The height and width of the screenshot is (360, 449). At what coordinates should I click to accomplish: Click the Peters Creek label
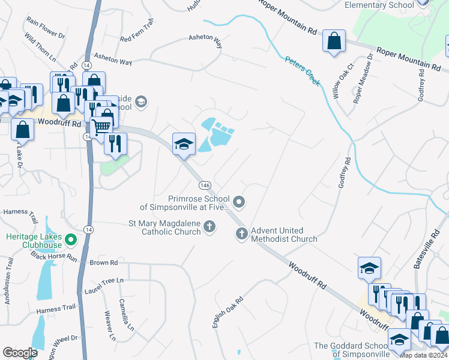pyautogui.click(x=303, y=71)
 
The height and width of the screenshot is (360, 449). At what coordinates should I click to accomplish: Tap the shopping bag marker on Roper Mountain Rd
pyautogui.click(x=334, y=42)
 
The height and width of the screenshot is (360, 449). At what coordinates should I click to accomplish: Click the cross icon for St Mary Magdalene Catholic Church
pyautogui.click(x=209, y=226)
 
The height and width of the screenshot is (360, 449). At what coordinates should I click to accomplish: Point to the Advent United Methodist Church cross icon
pyautogui.click(x=242, y=235)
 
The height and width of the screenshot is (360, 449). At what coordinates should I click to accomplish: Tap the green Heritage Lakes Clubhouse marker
pyautogui.click(x=71, y=241)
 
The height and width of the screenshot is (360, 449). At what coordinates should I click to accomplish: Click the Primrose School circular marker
pyautogui.click(x=239, y=202)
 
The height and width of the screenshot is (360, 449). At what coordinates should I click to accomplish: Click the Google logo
pyautogui.click(x=20, y=352)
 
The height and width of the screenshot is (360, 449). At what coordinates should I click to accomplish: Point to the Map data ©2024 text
pyautogui.click(x=424, y=356)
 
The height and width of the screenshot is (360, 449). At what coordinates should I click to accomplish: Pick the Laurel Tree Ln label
pyautogui.click(x=103, y=280)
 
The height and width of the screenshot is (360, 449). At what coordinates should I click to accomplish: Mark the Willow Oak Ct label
pyautogui.click(x=343, y=82)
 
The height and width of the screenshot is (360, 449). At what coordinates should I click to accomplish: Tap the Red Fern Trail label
pyautogui.click(x=137, y=39)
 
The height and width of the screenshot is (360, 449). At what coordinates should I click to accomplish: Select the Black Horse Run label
pyautogui.click(x=55, y=257)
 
